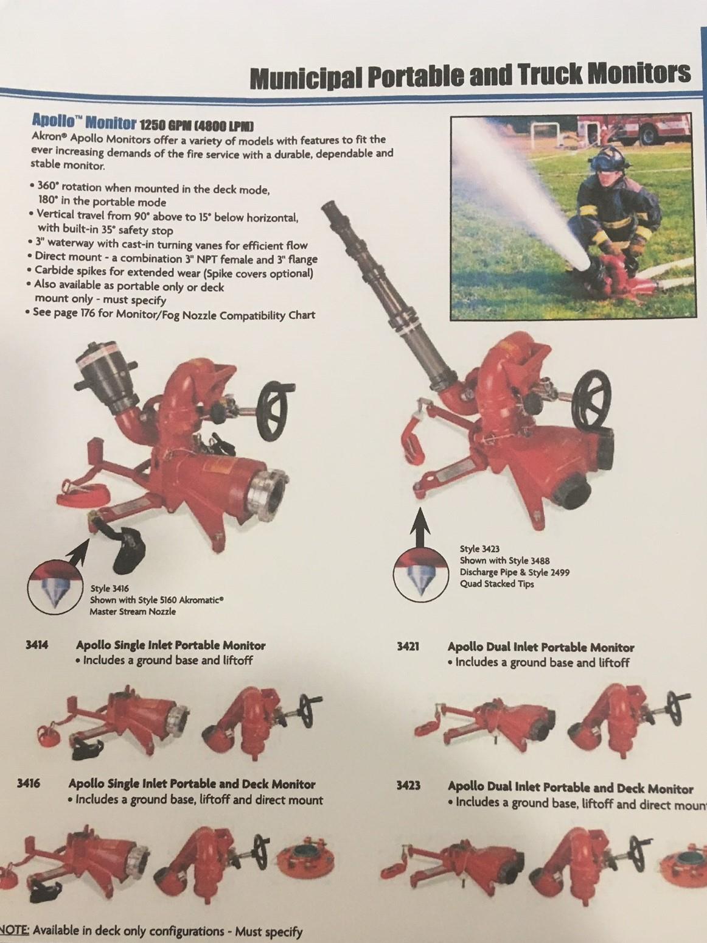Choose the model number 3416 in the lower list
[x=29, y=783]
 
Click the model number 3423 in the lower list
[x=408, y=786]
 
